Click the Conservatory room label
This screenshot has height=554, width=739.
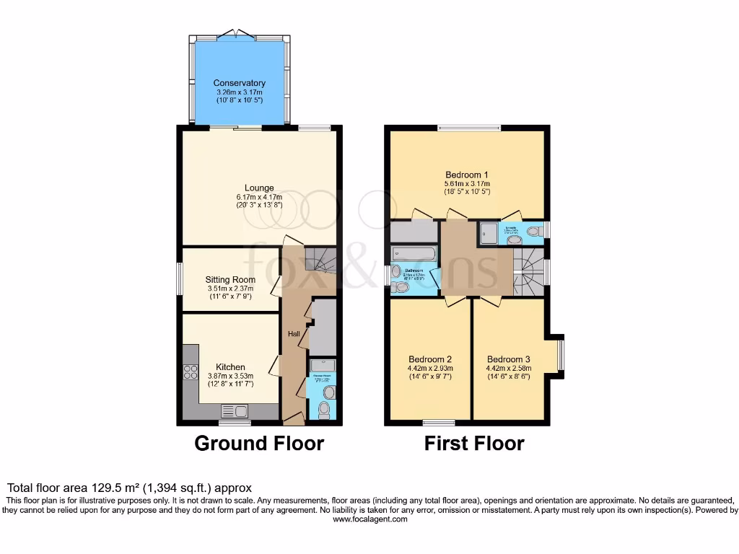pos(239,83)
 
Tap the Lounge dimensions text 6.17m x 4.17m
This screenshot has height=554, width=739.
pos(258,197)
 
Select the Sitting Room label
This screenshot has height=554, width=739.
pos(230,280)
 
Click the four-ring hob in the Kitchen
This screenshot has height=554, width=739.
pos(191,372)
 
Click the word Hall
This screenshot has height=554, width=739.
pos(294,334)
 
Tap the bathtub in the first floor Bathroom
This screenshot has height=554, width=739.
pos(414,254)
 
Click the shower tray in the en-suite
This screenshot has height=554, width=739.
pos(489,233)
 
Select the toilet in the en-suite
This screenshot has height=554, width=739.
pos(535,232)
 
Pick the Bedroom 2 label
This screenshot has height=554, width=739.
pos(430,359)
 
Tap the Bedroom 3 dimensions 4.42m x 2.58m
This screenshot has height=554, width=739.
pos(508,368)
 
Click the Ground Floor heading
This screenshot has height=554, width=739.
pos(259,443)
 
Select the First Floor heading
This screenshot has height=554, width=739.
pos(474,443)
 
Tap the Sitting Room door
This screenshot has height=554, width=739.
pos(275,286)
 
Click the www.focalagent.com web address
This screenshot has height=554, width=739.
pos(369,519)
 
